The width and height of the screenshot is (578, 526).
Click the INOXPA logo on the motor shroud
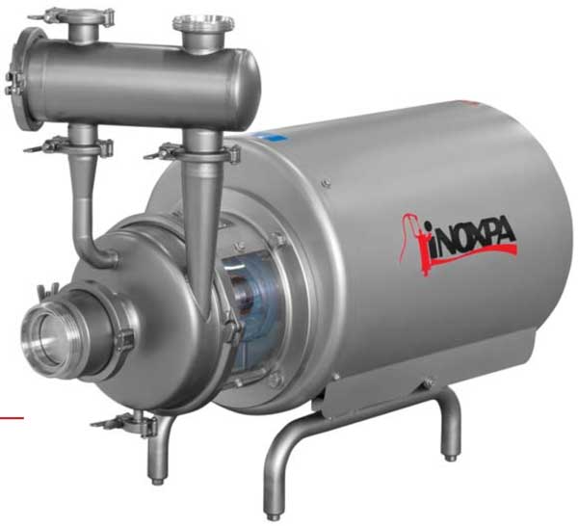click(x=459, y=244)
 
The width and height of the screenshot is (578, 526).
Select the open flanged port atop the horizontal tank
click(x=203, y=23)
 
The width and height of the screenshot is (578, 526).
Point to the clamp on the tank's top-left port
click(x=74, y=17)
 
